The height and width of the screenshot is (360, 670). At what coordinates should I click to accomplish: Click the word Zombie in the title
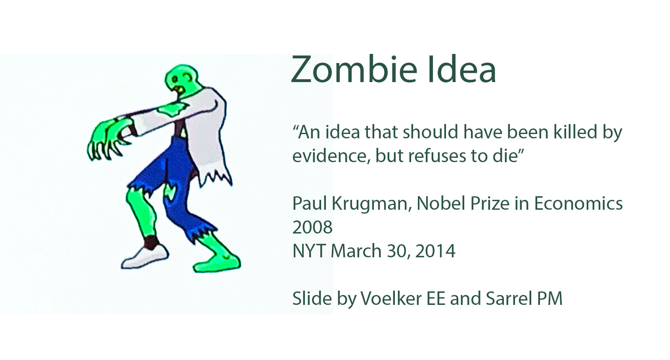354,70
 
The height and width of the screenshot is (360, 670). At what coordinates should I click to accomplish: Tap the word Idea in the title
462,70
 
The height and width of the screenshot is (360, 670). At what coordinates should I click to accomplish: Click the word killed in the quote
575,132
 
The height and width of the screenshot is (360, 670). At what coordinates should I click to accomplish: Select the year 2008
312,227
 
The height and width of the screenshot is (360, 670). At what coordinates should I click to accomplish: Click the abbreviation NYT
309,251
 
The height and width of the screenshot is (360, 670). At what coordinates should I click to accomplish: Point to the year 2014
435,251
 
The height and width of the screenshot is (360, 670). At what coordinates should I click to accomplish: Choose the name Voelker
391,299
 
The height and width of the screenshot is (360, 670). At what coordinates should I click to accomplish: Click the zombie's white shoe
145,257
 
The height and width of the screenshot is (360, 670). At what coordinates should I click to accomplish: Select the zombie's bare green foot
217,263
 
